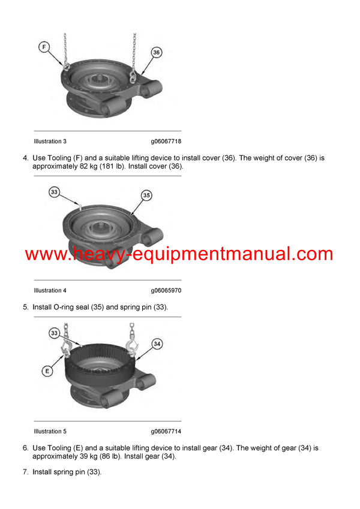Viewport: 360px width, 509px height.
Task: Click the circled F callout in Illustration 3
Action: [x=44, y=46]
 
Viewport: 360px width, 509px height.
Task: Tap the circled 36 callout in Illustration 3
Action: [x=157, y=53]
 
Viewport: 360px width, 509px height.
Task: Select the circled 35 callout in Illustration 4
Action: [x=146, y=195]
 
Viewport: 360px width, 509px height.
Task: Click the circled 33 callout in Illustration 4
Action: [x=55, y=192]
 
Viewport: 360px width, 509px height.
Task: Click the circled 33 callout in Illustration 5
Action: [x=54, y=332]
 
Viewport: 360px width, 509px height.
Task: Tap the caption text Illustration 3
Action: [x=50, y=141]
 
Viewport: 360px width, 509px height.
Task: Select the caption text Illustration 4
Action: [x=50, y=291]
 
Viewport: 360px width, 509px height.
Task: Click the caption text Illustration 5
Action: [x=50, y=432]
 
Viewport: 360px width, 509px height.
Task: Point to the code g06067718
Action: [x=166, y=141]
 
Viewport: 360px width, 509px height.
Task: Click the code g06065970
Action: [x=166, y=291]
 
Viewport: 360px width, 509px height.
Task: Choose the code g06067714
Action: [x=166, y=432]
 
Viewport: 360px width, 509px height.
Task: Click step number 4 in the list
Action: [x=25, y=158]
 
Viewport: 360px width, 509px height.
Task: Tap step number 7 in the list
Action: [x=25, y=472]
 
